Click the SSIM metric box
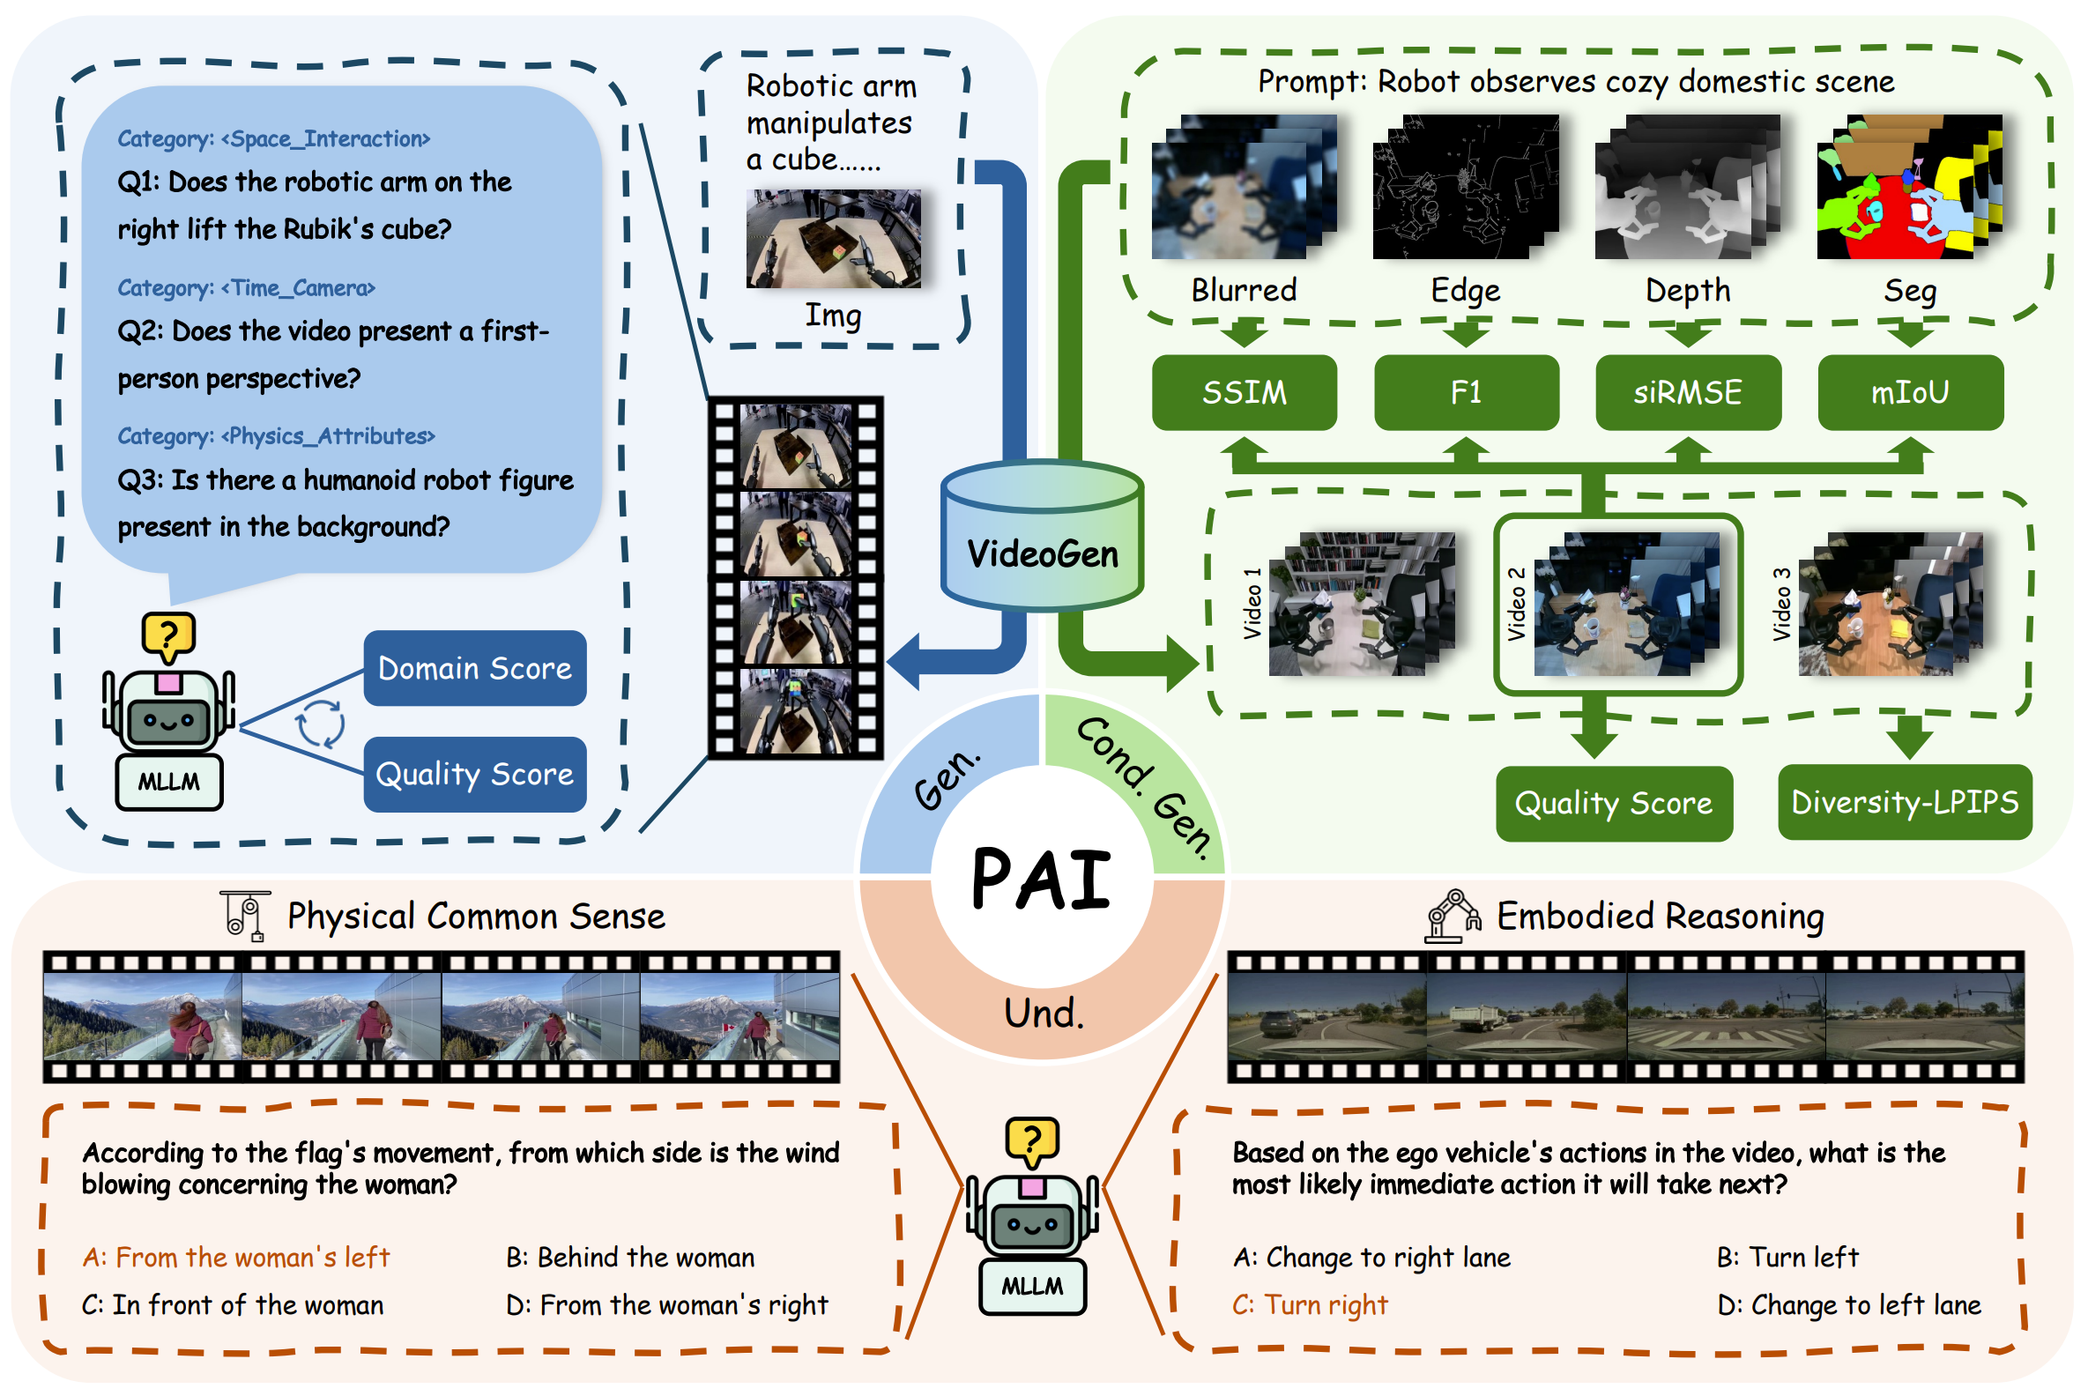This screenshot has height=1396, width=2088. pos(1244,393)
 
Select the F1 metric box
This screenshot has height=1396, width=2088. pos(1466,393)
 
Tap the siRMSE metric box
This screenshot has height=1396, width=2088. pos(1687,393)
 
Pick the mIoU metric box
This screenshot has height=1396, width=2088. pos(1910,393)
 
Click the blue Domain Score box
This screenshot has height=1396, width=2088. pos(474,669)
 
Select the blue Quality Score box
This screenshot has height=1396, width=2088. pos(474,775)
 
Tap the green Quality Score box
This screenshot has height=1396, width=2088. pos(1614,804)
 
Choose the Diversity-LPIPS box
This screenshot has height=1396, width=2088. pos(1905,803)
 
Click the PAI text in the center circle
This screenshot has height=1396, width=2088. pos(1041,880)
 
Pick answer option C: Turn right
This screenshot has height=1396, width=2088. pos(1309,1305)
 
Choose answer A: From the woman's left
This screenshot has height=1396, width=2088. pos(236,1258)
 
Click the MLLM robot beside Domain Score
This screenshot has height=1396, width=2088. pos(168,712)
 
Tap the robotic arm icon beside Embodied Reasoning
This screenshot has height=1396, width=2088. pos(1453,917)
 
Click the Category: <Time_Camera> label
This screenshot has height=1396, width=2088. pos(247,288)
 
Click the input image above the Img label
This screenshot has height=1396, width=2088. pos(833,239)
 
